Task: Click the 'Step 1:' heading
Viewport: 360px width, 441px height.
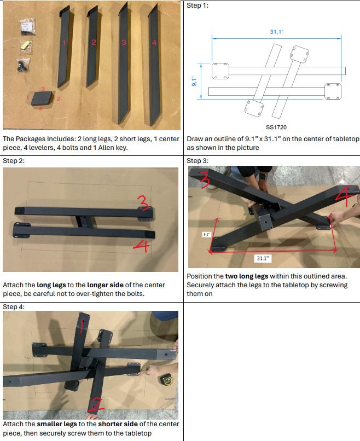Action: point(198,5)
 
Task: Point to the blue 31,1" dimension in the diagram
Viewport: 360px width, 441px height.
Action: point(276,32)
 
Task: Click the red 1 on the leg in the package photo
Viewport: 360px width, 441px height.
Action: point(64,42)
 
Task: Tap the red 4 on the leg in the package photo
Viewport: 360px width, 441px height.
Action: point(154,42)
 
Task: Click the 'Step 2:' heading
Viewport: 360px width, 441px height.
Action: point(14,161)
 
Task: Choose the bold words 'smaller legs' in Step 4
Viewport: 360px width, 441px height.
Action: point(59,424)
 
